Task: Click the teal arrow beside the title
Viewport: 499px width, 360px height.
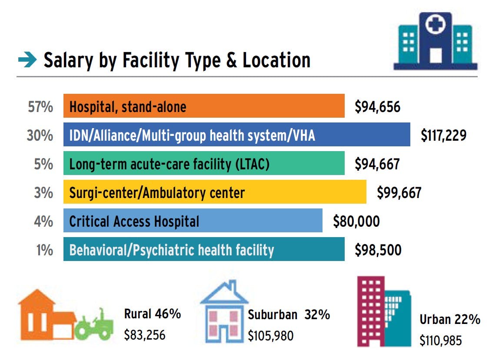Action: click(27, 61)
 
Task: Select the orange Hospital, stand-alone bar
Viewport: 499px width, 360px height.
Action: click(204, 106)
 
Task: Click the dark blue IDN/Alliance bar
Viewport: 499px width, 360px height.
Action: click(236, 135)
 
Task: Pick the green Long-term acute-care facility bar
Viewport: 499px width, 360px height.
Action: click(204, 163)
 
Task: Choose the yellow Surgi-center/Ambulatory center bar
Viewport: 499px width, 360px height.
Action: click(215, 192)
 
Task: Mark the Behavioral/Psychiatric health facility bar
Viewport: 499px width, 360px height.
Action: click(204, 250)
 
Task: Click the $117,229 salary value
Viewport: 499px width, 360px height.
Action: click(443, 135)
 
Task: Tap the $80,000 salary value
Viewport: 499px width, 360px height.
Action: click(356, 221)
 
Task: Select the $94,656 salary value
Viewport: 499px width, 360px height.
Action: click(377, 106)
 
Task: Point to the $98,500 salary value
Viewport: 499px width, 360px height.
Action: click(378, 250)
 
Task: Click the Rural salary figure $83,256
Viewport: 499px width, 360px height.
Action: click(145, 335)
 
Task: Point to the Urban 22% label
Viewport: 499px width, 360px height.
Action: click(449, 320)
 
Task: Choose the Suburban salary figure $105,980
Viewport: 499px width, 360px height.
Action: click(270, 336)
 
